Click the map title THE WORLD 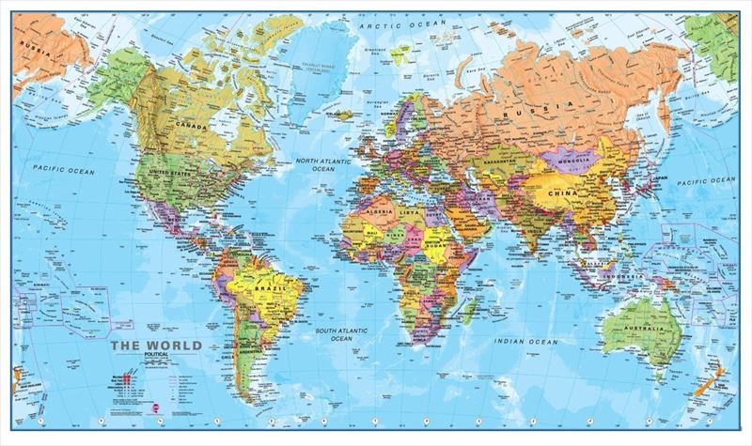[156, 346]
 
